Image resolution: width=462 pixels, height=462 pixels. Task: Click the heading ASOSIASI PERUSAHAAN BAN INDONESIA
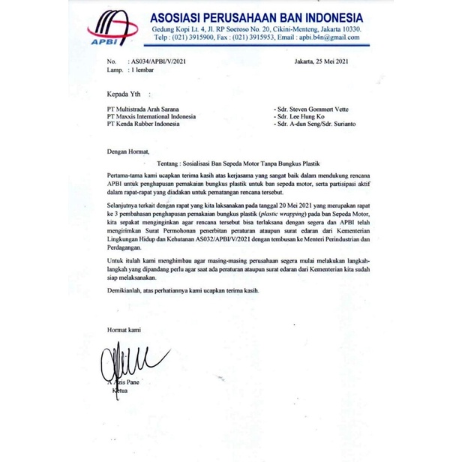click(x=256, y=17)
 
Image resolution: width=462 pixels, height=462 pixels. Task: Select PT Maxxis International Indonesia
click(x=151, y=117)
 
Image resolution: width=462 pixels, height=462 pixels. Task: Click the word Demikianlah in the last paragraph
click(x=125, y=288)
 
